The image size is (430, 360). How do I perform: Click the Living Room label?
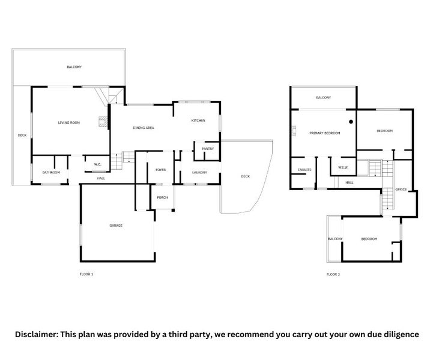click(69, 123)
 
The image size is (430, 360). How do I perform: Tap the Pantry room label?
click(208, 149)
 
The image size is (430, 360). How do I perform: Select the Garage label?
click(116, 226)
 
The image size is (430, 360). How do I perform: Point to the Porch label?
click(162, 197)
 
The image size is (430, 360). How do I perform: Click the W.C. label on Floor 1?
click(98, 164)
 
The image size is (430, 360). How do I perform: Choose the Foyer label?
click(161, 170)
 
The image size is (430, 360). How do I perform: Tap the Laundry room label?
click(199, 173)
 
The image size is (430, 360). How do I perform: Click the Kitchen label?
click(198, 121)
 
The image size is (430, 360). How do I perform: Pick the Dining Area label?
click(144, 128)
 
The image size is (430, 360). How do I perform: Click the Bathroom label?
click(51, 173)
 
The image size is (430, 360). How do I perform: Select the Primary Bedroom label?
click(325, 133)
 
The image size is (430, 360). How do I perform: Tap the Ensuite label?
click(304, 170)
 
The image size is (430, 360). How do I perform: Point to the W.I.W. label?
click(343, 167)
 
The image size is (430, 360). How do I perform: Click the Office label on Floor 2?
click(401, 190)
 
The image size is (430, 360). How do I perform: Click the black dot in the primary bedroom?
click(351, 122)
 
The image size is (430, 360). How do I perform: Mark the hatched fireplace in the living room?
click(103, 122)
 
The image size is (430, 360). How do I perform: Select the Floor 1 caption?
click(86, 274)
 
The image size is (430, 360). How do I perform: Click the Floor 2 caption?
click(333, 274)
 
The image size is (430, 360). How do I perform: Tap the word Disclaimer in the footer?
click(37, 335)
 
